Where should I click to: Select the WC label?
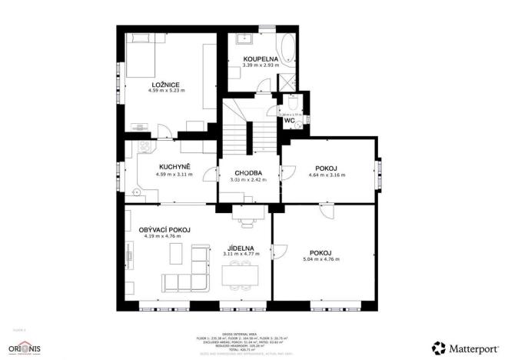click(289, 121)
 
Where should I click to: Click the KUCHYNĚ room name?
click(174, 167)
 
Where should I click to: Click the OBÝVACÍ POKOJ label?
click(164, 230)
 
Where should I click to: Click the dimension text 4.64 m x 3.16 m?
click(327, 175)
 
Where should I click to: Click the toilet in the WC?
click(294, 104)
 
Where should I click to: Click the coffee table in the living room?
click(175, 253)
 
